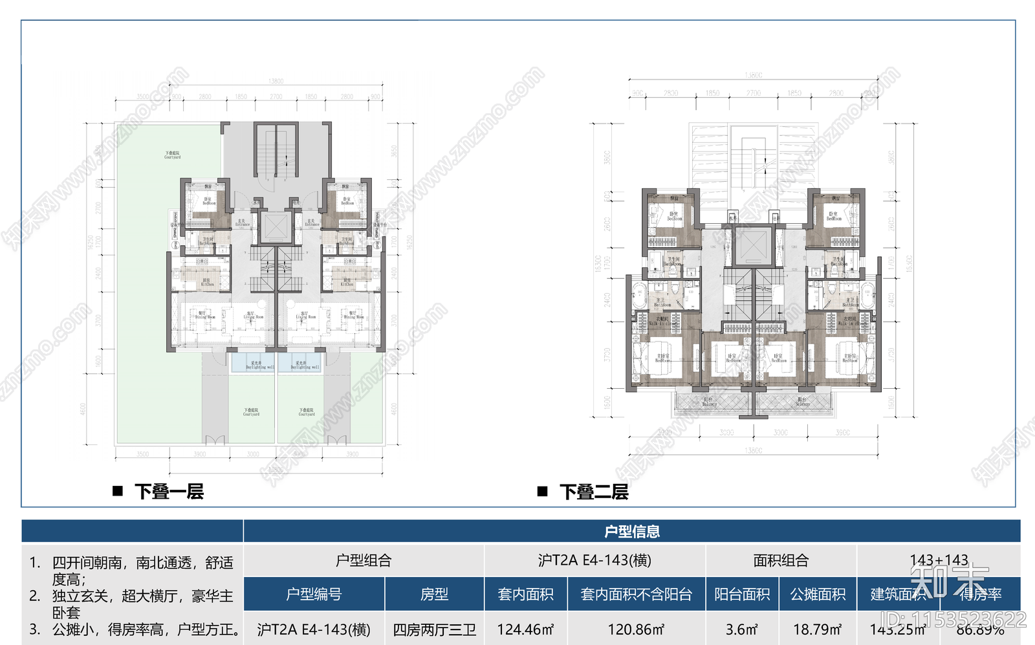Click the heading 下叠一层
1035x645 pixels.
click(x=169, y=492)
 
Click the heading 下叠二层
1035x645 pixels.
click(x=594, y=492)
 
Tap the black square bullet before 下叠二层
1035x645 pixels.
click(x=543, y=492)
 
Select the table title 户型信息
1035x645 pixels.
click(x=631, y=532)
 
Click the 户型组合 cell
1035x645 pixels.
click(x=364, y=560)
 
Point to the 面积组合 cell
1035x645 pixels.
click(x=781, y=560)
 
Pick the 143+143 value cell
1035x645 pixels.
click(x=939, y=560)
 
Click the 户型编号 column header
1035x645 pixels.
click(x=314, y=594)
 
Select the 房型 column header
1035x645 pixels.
click(x=434, y=594)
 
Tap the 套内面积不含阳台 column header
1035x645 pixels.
click(x=637, y=594)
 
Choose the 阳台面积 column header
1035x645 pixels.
click(x=742, y=594)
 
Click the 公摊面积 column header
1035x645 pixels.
click(x=818, y=594)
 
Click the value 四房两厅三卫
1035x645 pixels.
click(x=434, y=629)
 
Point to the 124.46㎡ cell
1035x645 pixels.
click(x=525, y=629)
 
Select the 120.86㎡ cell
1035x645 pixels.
click(x=637, y=629)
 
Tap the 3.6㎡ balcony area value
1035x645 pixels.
click(x=742, y=629)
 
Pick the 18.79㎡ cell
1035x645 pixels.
click(x=818, y=629)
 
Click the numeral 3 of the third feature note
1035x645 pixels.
click(x=34, y=629)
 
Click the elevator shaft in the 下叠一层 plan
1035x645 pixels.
click(x=276, y=228)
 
